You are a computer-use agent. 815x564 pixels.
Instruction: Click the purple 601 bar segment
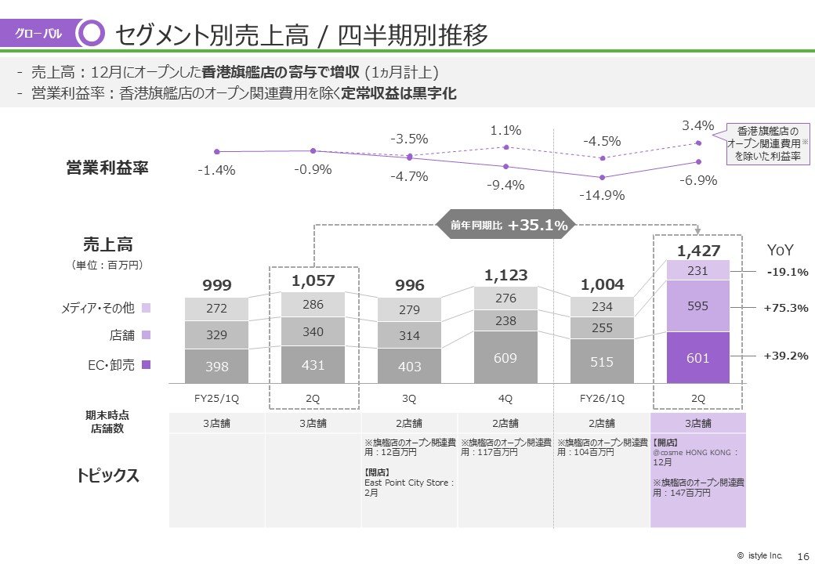point(697,358)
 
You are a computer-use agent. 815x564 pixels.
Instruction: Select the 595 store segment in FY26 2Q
point(697,306)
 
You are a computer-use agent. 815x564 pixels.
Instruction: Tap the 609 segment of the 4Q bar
point(505,357)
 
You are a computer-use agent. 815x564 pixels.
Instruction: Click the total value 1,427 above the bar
point(697,251)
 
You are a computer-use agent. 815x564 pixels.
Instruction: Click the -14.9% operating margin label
point(602,195)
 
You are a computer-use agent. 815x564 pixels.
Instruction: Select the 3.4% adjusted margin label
point(697,125)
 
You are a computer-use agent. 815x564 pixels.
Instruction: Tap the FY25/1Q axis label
point(216,398)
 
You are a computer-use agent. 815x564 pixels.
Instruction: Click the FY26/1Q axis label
point(602,398)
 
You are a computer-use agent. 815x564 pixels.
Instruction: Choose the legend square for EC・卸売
point(147,365)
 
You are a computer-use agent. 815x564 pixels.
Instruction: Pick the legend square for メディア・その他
point(147,309)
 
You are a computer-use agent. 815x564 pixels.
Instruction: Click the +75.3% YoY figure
point(785,308)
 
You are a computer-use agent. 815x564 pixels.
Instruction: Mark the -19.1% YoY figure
point(785,272)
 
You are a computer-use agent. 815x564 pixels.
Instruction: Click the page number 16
point(802,555)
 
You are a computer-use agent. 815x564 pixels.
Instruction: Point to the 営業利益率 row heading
point(107,168)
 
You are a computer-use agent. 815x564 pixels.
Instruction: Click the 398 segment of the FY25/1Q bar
point(216,367)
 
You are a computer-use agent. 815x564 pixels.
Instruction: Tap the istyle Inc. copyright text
point(759,555)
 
